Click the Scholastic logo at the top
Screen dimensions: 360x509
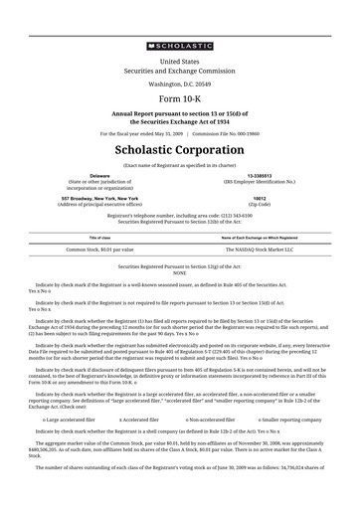click(x=180, y=45)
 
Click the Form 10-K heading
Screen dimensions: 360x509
click(x=180, y=100)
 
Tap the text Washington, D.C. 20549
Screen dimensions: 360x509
click(x=180, y=85)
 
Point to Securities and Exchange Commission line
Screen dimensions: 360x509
click(x=180, y=71)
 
